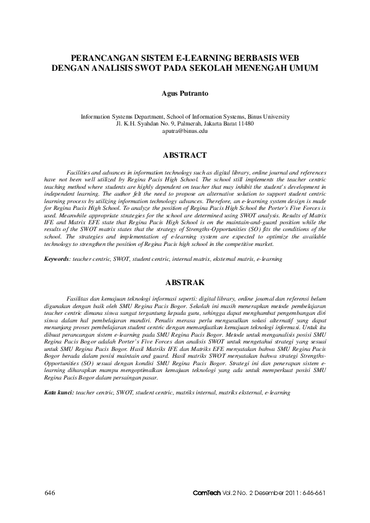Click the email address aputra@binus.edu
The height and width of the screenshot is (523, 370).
tap(185, 131)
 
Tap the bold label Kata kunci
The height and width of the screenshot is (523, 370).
tap(58, 393)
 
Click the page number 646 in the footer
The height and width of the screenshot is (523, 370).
tap(51, 493)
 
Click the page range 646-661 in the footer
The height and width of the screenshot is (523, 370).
tap(311, 493)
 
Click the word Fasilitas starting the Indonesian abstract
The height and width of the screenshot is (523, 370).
tap(78, 299)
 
